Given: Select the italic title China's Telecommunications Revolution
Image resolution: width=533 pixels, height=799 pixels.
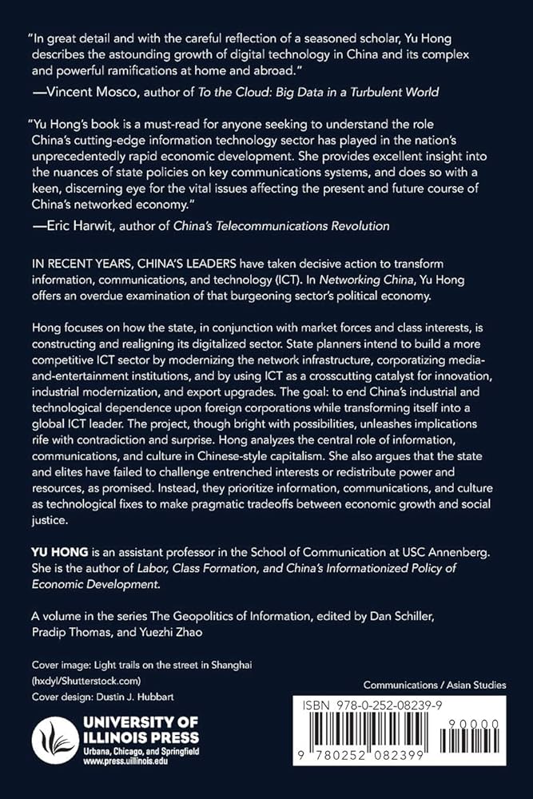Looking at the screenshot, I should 288,226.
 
